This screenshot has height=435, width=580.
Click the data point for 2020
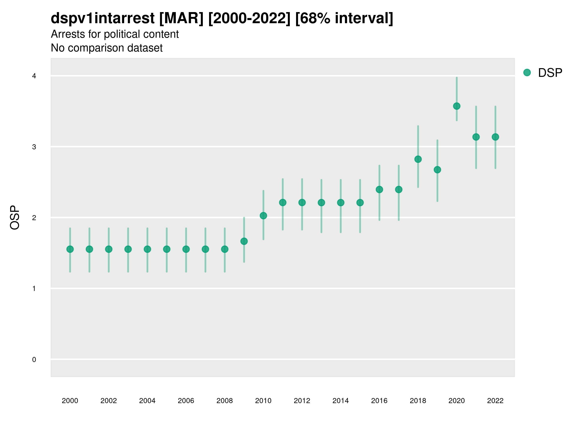pos(457,106)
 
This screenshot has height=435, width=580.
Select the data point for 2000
pos(70,249)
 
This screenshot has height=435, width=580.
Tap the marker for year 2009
pos(244,241)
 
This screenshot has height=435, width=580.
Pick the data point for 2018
pos(418,159)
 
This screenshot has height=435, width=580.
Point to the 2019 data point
pos(437,170)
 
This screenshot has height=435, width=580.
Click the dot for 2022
pos(495,137)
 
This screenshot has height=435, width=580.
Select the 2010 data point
pos(263,216)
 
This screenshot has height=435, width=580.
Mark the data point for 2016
pos(379,189)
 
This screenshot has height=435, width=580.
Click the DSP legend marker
pos(527,73)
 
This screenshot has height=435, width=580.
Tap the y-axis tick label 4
pos(34,76)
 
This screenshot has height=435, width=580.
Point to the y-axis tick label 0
pos(34,360)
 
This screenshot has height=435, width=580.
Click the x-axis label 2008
pos(225,401)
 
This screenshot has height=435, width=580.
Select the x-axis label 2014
pos(340,401)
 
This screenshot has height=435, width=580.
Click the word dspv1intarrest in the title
pos(102,18)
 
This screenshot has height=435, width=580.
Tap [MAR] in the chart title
pos(181,18)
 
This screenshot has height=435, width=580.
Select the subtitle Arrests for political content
pos(115,34)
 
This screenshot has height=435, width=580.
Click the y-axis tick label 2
pos(34,218)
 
